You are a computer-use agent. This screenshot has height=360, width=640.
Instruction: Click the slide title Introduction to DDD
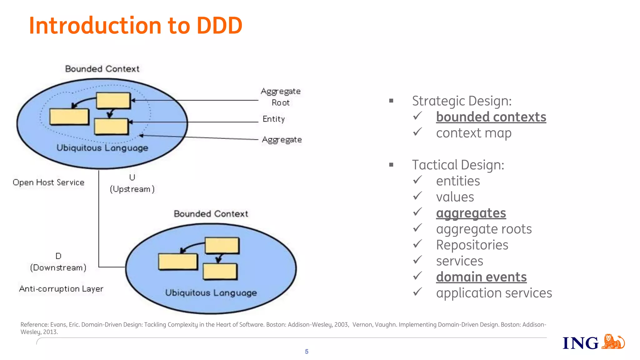pyautogui.click(x=135, y=26)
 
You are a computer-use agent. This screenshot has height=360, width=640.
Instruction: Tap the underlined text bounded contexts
pyautogui.click(x=491, y=117)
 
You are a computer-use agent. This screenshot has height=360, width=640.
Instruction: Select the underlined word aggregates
pyautogui.click(x=471, y=213)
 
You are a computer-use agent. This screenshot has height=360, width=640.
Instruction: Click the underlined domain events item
pyautogui.click(x=481, y=277)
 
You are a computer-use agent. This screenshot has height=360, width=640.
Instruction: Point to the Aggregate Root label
pyautogui.click(x=280, y=97)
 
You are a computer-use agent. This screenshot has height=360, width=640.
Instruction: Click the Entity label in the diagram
pyautogui.click(x=273, y=119)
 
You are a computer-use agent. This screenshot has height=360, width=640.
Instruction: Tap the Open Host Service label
pyautogui.click(x=48, y=182)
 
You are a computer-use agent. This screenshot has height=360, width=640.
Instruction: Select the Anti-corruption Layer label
pyautogui.click(x=61, y=289)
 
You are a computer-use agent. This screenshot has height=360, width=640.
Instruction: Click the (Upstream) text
pyautogui.click(x=132, y=189)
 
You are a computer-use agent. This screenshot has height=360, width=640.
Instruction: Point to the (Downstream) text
pyautogui.click(x=58, y=268)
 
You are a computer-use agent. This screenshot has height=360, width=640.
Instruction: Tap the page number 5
pyautogui.click(x=307, y=352)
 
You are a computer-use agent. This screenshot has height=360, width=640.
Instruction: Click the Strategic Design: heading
pyautogui.click(x=462, y=101)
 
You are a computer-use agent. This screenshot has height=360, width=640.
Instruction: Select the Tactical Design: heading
pyautogui.click(x=458, y=165)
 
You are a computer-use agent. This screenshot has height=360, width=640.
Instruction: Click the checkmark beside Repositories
pyautogui.click(x=417, y=244)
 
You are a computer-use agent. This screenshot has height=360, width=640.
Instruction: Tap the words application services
pyautogui.click(x=494, y=293)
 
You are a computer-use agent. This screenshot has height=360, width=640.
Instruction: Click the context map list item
pyautogui.click(x=473, y=133)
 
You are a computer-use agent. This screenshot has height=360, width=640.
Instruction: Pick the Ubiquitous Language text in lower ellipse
pyautogui.click(x=211, y=293)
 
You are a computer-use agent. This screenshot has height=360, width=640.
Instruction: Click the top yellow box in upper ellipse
pyautogui.click(x=113, y=100)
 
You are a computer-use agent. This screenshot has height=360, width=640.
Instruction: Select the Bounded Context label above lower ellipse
pyautogui.click(x=211, y=214)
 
